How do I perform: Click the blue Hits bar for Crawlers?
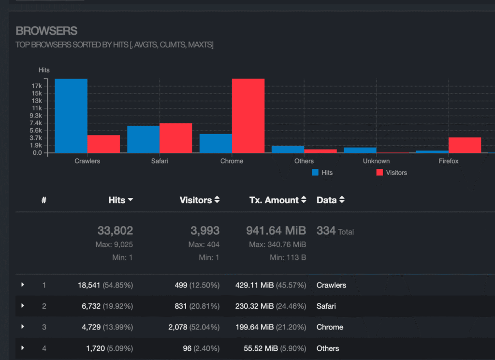71,116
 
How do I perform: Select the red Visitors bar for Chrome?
248,116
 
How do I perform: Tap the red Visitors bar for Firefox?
465,145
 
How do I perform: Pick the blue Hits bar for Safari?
143,139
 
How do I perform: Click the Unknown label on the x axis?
376,161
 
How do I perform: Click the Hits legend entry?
322,173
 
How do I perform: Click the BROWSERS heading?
46,31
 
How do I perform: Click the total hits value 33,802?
115,231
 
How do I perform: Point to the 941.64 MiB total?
276,231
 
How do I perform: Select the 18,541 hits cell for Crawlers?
89,285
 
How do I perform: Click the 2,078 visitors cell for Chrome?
177,327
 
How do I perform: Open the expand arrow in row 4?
23,348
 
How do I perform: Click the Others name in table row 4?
328,348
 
